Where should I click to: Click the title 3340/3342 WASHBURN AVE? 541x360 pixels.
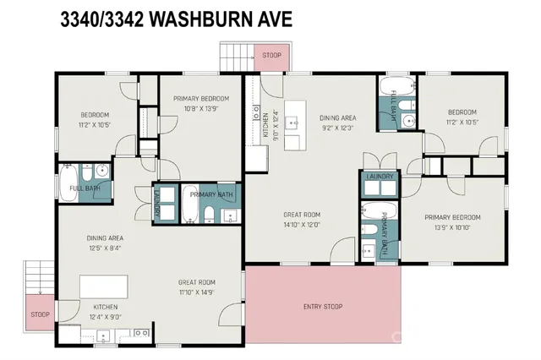tap(176, 19)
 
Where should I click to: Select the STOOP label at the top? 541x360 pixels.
tap(271, 56)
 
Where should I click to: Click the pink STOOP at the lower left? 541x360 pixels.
tap(40, 314)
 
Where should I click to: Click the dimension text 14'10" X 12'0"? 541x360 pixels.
tap(303, 225)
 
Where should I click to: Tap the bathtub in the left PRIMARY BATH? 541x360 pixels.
tap(191, 204)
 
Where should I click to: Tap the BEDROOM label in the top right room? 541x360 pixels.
tap(462, 112)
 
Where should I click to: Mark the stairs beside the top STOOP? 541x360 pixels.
tap(236, 58)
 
